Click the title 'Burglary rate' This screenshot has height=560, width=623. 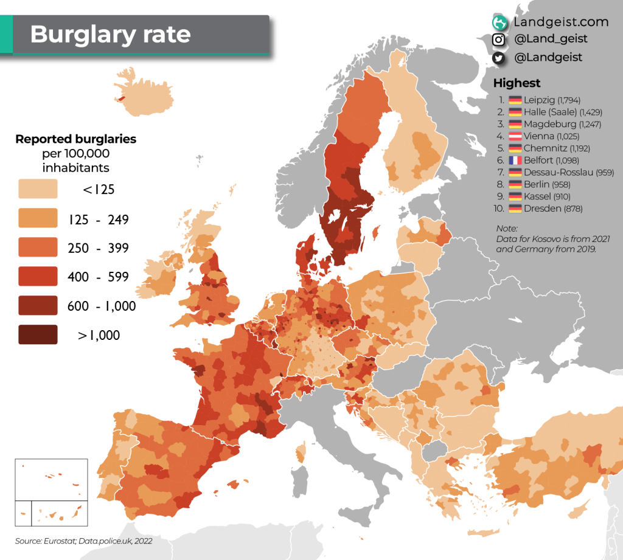click(110, 34)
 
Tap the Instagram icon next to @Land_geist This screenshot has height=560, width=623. click(499, 40)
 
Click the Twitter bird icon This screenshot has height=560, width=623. click(499, 57)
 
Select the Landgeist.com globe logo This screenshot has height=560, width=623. click(499, 22)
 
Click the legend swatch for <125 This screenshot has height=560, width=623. click(38, 189)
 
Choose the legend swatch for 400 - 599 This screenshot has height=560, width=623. click(38, 277)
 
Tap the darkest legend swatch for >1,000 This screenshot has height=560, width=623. click(38, 335)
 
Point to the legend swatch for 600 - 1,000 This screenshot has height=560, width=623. click(38, 306)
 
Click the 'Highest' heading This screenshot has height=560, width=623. click(517, 83)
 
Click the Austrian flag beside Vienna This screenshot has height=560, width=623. click(515, 136)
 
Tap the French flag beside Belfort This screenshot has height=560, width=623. click(515, 161)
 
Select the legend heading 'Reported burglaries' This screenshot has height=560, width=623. click(75, 139)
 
